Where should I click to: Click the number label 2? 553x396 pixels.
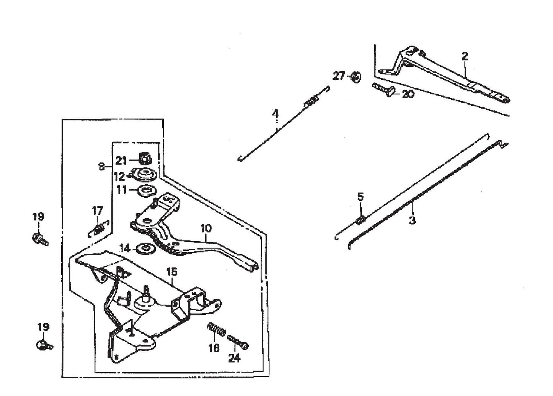(465, 56)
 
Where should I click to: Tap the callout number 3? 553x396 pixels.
(412, 220)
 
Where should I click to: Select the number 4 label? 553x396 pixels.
(275, 114)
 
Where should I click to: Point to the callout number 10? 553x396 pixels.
(206, 228)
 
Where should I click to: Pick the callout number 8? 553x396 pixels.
(101, 167)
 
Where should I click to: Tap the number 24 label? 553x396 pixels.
(234, 358)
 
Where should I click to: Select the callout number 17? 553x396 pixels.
(97, 210)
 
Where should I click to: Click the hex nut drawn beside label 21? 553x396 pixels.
(144, 158)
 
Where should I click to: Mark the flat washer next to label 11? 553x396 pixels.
(146, 190)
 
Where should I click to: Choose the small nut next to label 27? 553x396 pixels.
(356, 77)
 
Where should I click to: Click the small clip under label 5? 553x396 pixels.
(361, 220)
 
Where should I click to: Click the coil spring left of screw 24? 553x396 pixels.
(217, 330)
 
